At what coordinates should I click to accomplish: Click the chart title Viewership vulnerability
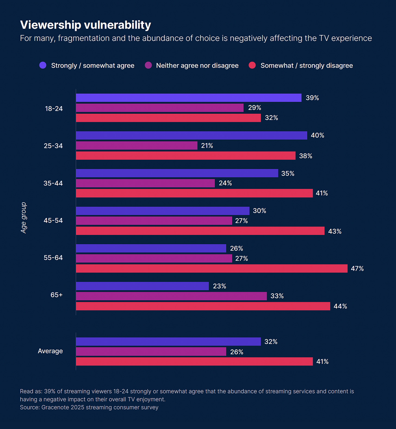point(85,25)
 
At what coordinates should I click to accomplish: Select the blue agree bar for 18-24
point(188,98)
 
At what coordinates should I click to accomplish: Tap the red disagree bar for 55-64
point(212,269)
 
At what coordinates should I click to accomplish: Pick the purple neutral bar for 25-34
point(137,146)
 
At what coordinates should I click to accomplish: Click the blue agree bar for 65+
point(142,286)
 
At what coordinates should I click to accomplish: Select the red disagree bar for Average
point(194,361)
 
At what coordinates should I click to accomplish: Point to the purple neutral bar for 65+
point(171,296)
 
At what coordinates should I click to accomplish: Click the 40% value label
point(317,135)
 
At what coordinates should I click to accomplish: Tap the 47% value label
point(357,269)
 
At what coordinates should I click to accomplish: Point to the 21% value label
point(207,146)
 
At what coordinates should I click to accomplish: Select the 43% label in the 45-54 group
point(335,231)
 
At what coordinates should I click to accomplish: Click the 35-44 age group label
point(53,183)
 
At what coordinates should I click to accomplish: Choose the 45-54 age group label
point(53,220)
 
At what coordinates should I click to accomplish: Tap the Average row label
point(50,351)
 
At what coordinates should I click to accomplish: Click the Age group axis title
point(24,218)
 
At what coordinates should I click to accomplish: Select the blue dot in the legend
point(43,65)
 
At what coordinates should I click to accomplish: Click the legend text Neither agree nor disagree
point(197,66)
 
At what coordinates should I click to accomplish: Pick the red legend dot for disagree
point(252,65)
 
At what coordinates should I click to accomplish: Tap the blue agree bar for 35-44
point(177,173)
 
